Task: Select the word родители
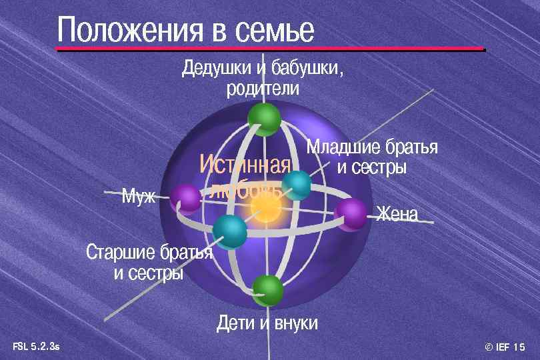click(262, 88)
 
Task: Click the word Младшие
click(343, 147)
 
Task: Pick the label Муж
click(138, 196)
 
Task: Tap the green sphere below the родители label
click(264, 119)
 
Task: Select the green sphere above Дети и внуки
click(268, 290)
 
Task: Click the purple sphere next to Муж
click(185, 199)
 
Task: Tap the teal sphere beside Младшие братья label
click(297, 185)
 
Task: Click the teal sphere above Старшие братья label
click(230, 231)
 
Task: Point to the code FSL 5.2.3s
click(36, 345)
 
